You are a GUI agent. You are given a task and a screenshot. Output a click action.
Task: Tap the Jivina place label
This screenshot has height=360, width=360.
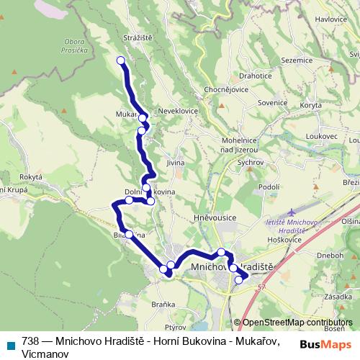[175, 163]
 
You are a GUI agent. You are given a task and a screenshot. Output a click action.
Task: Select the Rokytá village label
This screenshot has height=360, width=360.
[32, 176]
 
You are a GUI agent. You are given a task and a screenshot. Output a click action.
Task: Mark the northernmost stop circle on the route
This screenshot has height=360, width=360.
[121, 60]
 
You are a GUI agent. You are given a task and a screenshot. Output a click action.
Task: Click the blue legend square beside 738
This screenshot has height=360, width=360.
[10, 344]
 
